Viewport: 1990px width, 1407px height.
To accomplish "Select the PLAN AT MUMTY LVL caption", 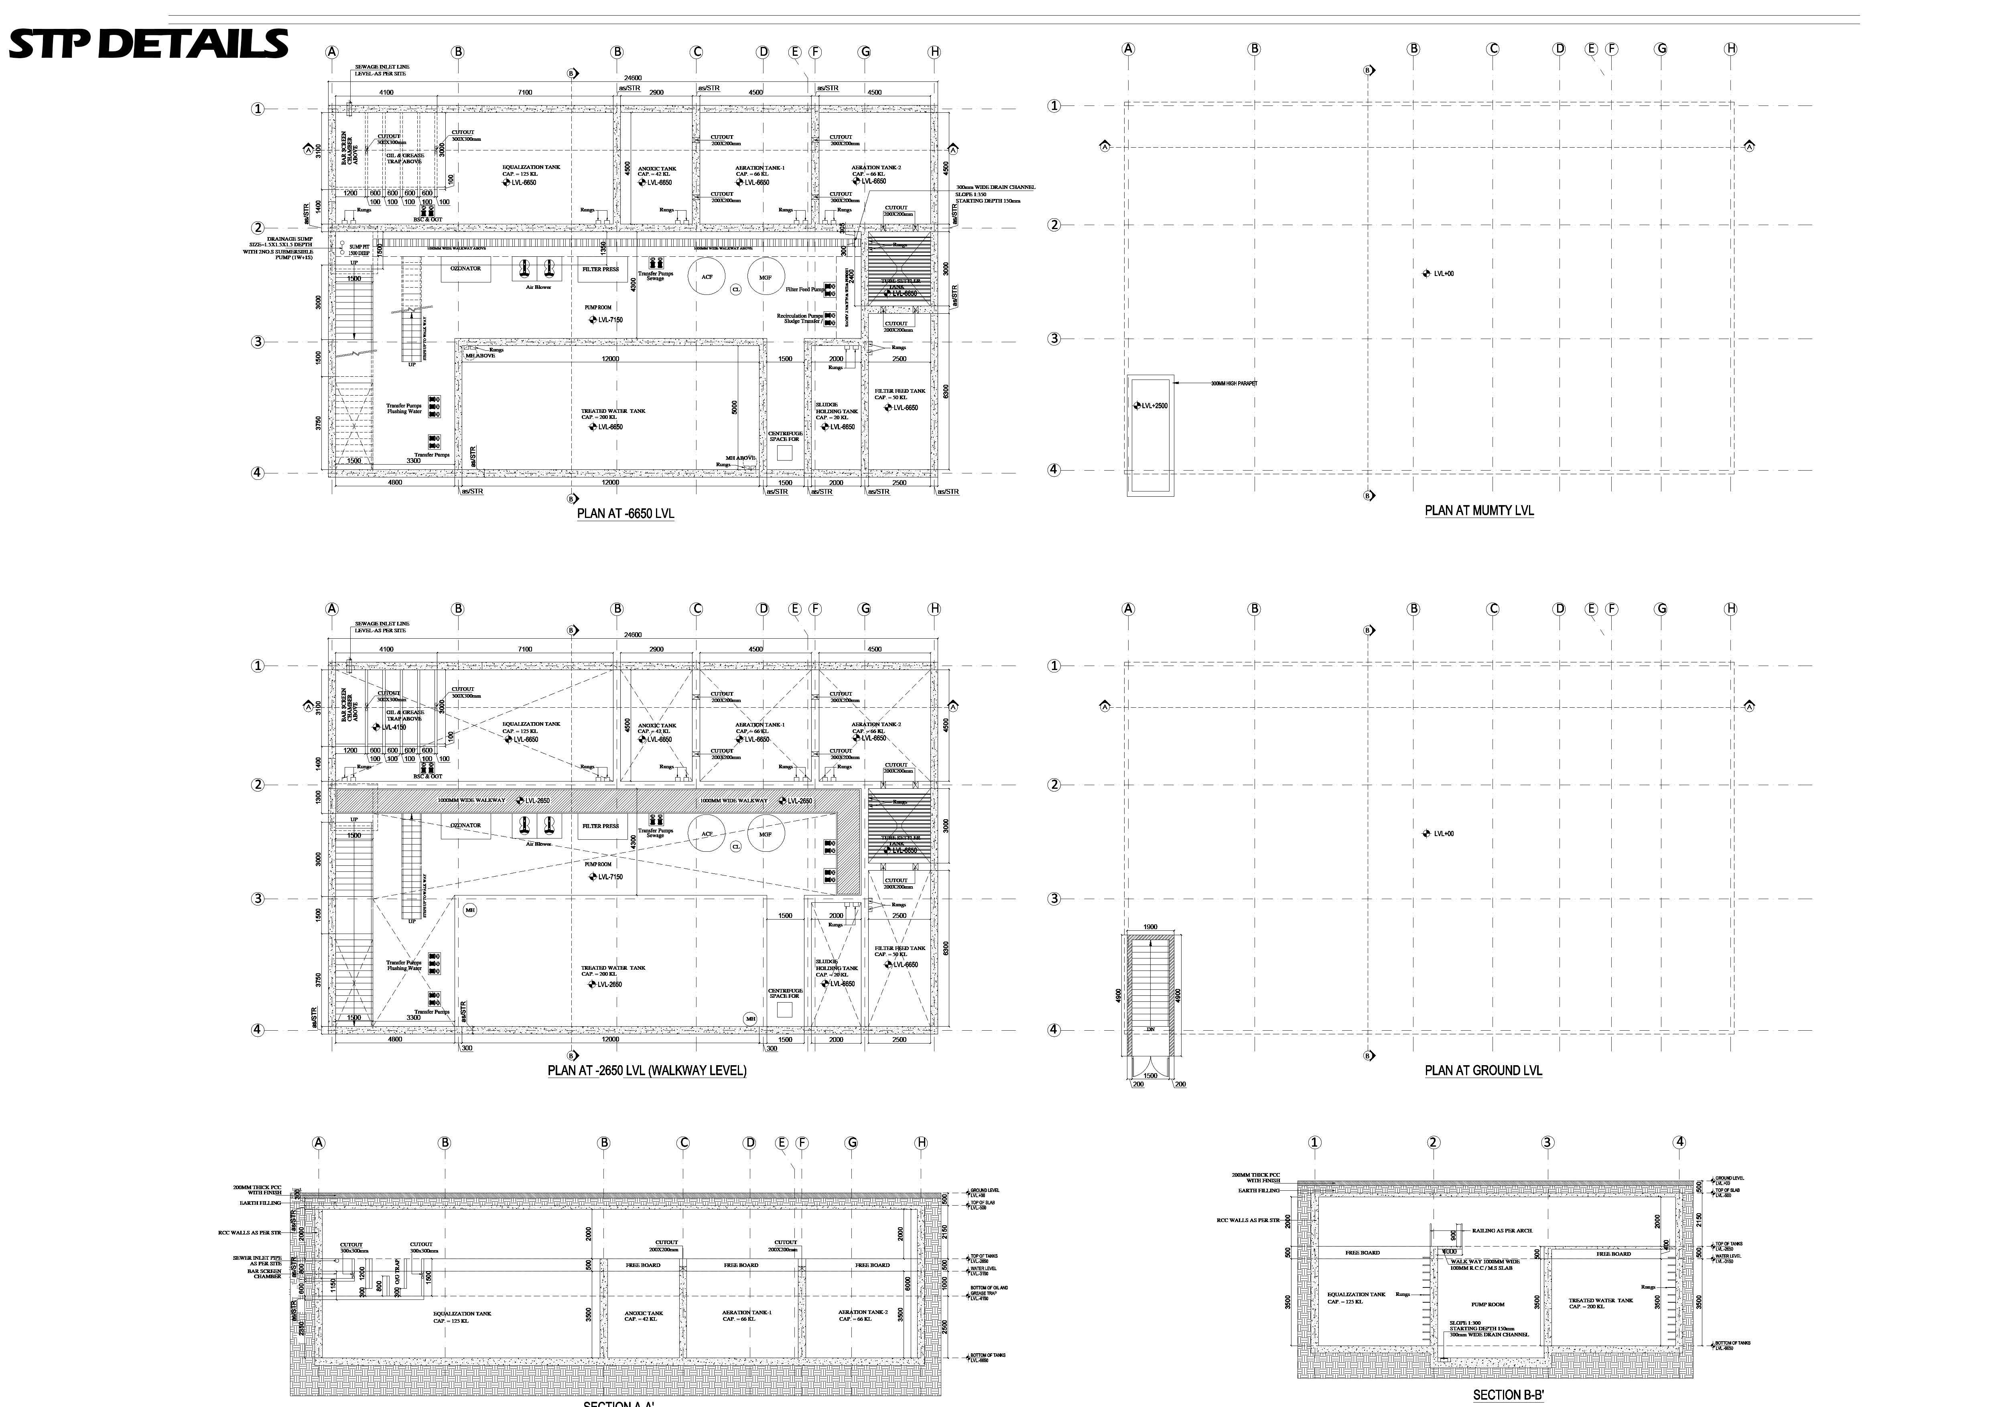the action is [1478, 511].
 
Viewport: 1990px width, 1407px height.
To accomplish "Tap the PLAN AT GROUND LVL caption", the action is [1483, 1071].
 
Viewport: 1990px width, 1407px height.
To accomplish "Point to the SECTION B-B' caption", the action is [1508, 1395].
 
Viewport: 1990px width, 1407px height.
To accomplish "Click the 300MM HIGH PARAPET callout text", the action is [1234, 383].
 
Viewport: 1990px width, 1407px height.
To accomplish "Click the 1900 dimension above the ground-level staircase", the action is [1150, 927].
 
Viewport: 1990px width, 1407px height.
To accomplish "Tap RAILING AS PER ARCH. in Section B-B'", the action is [1502, 1230].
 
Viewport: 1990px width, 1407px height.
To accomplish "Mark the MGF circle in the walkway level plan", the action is [766, 834].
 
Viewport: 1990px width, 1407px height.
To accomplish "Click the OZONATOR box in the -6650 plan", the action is [465, 269].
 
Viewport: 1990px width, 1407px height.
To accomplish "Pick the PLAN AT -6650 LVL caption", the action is [625, 513].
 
